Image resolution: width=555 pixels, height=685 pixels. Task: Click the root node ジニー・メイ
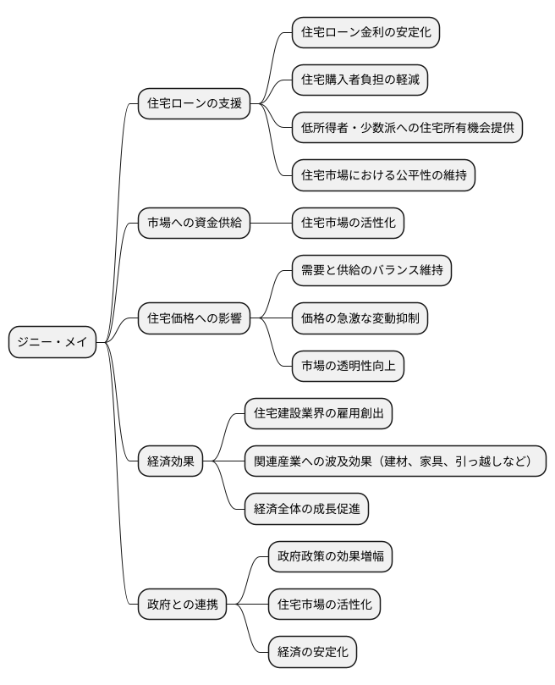point(52,343)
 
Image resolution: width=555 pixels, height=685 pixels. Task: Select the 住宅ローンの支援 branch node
point(195,104)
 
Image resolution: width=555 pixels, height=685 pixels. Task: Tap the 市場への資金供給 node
point(195,223)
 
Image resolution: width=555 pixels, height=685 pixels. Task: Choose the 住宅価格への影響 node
point(195,318)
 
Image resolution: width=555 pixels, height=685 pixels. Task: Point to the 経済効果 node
point(171,461)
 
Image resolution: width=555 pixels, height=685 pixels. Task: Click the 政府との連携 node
point(183,605)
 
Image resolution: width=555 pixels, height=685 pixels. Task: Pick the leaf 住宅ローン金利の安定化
point(365,32)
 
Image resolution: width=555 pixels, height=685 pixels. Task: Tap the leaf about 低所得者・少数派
point(407,128)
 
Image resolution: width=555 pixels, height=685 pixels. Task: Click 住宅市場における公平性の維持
point(383,175)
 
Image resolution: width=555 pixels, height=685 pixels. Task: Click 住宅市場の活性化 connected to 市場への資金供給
point(348,223)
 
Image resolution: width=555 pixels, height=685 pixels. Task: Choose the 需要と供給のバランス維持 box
point(371,271)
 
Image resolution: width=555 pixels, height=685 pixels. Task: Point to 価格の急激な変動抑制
point(360,318)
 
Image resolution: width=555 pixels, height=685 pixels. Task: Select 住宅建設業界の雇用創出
point(318,414)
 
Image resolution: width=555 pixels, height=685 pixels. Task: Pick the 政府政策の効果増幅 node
point(330,557)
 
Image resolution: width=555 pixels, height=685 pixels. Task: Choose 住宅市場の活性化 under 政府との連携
point(324,605)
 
